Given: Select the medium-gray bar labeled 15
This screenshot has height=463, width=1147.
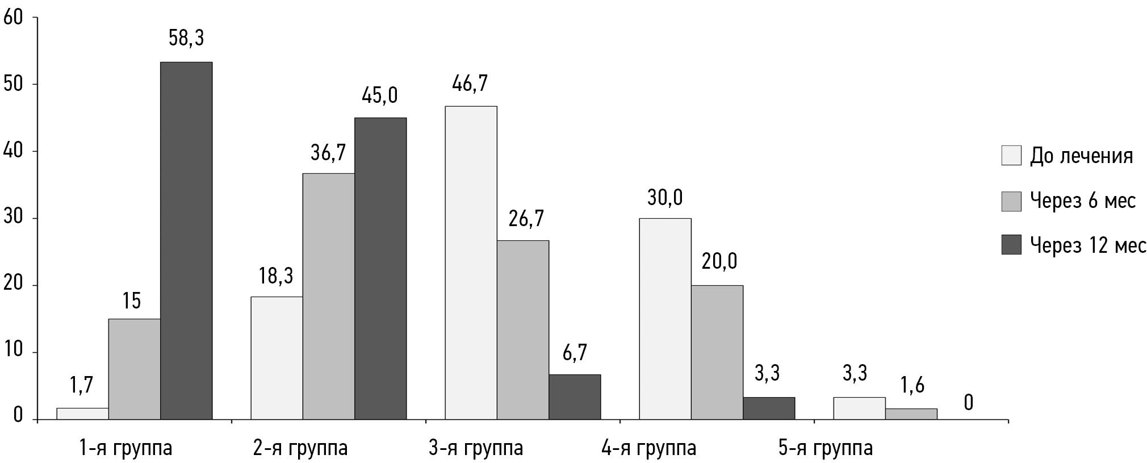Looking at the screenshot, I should [134, 369].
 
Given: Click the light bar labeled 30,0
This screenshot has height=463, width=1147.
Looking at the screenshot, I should [665, 319].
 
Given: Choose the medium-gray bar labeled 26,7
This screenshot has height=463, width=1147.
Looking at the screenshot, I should [522, 329].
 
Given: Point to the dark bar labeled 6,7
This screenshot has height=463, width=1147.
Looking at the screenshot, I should [574, 397].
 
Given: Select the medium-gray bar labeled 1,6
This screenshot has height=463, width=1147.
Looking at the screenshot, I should [911, 414].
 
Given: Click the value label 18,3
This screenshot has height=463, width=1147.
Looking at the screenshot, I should [276, 276].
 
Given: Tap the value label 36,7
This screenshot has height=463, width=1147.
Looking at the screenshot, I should [328, 153].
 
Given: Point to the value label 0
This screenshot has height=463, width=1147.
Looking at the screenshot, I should [968, 403].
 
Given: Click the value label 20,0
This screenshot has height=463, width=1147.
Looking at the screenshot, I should [719, 261].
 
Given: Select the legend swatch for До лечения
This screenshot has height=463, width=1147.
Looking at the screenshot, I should [1011, 156].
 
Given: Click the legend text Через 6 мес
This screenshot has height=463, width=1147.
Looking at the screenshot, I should [1082, 201].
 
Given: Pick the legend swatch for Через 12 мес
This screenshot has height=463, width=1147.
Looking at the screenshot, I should [1011, 245].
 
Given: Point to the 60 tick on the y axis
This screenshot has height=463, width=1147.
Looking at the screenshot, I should [13, 18].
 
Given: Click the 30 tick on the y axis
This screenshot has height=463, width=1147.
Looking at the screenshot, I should [13, 219].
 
